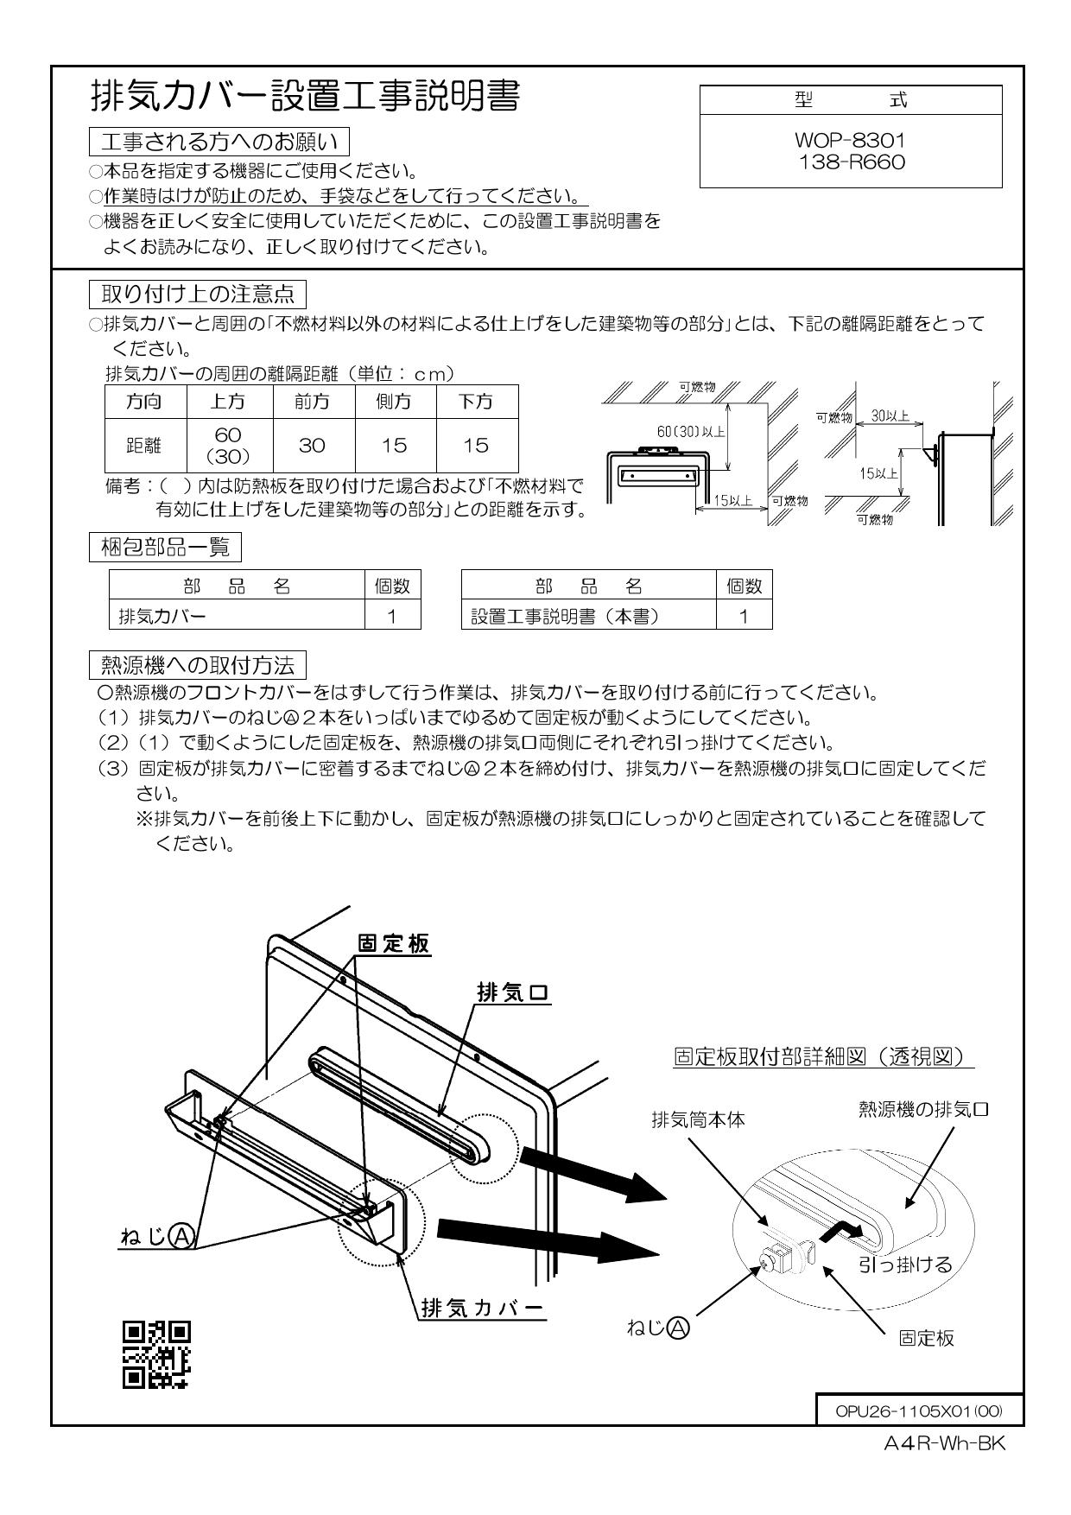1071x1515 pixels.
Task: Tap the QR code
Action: (155, 1353)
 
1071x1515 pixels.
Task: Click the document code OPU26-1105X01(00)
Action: (918, 1410)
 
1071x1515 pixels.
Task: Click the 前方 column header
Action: (313, 401)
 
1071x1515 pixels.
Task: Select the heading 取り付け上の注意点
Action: (198, 294)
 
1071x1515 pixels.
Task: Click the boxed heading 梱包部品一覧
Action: (165, 547)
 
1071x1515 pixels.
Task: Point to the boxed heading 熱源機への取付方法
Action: (198, 665)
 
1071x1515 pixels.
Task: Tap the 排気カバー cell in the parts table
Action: (235, 616)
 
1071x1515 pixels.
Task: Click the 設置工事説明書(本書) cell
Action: (588, 616)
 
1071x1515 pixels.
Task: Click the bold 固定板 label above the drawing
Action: (393, 944)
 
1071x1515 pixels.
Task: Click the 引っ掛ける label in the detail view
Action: (904, 1265)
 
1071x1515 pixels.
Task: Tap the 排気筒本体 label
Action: (698, 1120)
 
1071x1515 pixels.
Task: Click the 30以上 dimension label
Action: (890, 415)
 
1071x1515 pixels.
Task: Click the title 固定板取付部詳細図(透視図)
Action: (823, 1057)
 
